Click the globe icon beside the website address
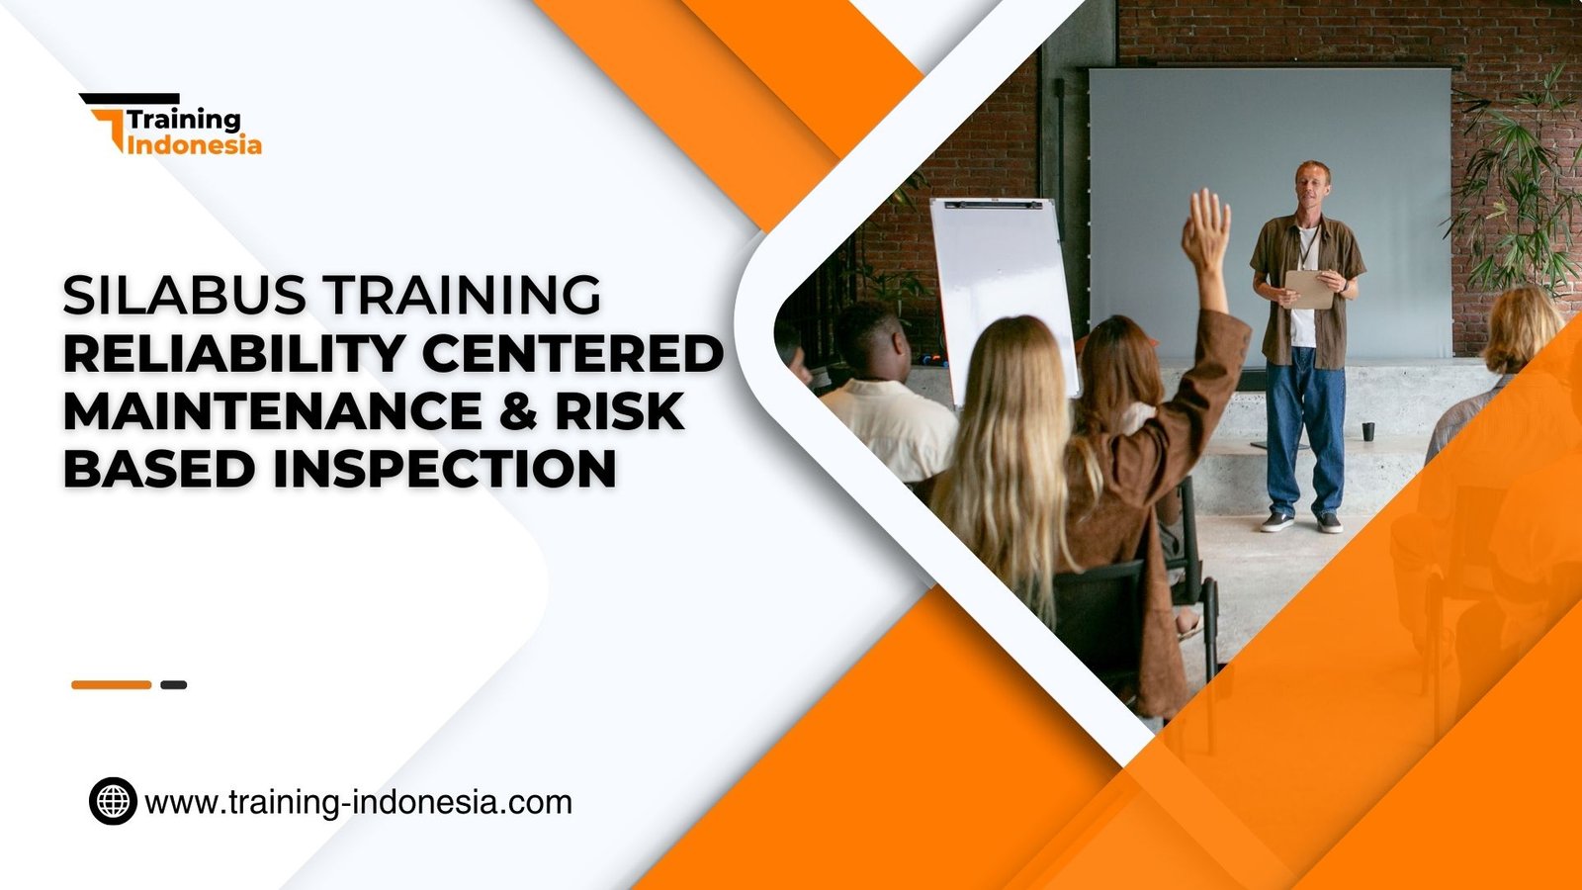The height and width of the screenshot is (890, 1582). [113, 801]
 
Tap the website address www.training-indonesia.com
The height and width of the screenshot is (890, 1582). [358, 801]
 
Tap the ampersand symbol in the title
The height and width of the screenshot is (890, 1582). [519, 411]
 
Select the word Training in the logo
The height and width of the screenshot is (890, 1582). [184, 120]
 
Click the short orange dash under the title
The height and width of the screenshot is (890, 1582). [111, 684]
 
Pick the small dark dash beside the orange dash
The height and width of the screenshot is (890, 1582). [174, 684]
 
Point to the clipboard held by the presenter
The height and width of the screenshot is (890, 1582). [1309, 289]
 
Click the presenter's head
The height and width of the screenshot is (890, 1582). [1313, 184]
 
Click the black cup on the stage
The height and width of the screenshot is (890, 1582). [1367, 431]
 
